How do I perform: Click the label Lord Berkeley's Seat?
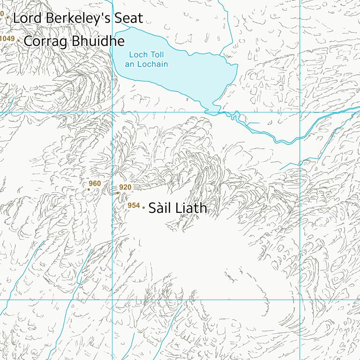click(77, 18)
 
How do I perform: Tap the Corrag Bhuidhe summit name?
click(74, 41)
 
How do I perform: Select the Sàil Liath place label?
click(178, 208)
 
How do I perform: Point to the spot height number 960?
click(95, 183)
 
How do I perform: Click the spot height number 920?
click(125, 187)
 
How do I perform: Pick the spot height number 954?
click(134, 206)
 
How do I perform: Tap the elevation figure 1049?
click(7, 38)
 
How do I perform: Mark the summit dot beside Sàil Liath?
click(143, 208)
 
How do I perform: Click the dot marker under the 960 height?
click(89, 189)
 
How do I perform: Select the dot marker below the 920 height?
click(118, 193)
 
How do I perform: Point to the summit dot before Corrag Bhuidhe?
click(18, 41)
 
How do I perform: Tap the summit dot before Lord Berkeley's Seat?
click(7, 17)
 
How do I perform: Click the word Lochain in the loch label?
click(152, 64)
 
